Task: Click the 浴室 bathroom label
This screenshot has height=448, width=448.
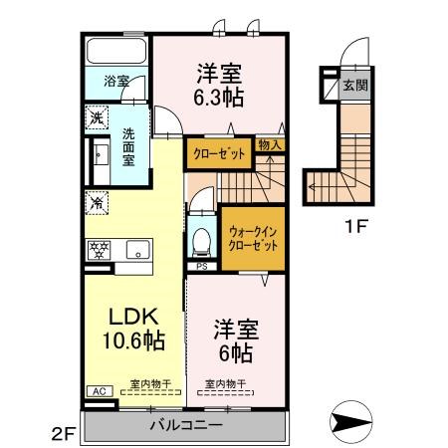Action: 116,82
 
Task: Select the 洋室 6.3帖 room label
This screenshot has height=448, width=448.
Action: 219,84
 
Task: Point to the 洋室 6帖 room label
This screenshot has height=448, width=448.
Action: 236,341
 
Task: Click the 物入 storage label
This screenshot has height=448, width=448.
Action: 269,144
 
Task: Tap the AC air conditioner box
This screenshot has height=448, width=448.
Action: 98,391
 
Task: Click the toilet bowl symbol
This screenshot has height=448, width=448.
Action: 203,239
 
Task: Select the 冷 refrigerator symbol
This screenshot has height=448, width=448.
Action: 97,203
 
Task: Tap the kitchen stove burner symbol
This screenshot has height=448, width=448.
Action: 101,249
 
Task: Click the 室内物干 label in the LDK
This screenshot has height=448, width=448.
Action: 148,383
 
